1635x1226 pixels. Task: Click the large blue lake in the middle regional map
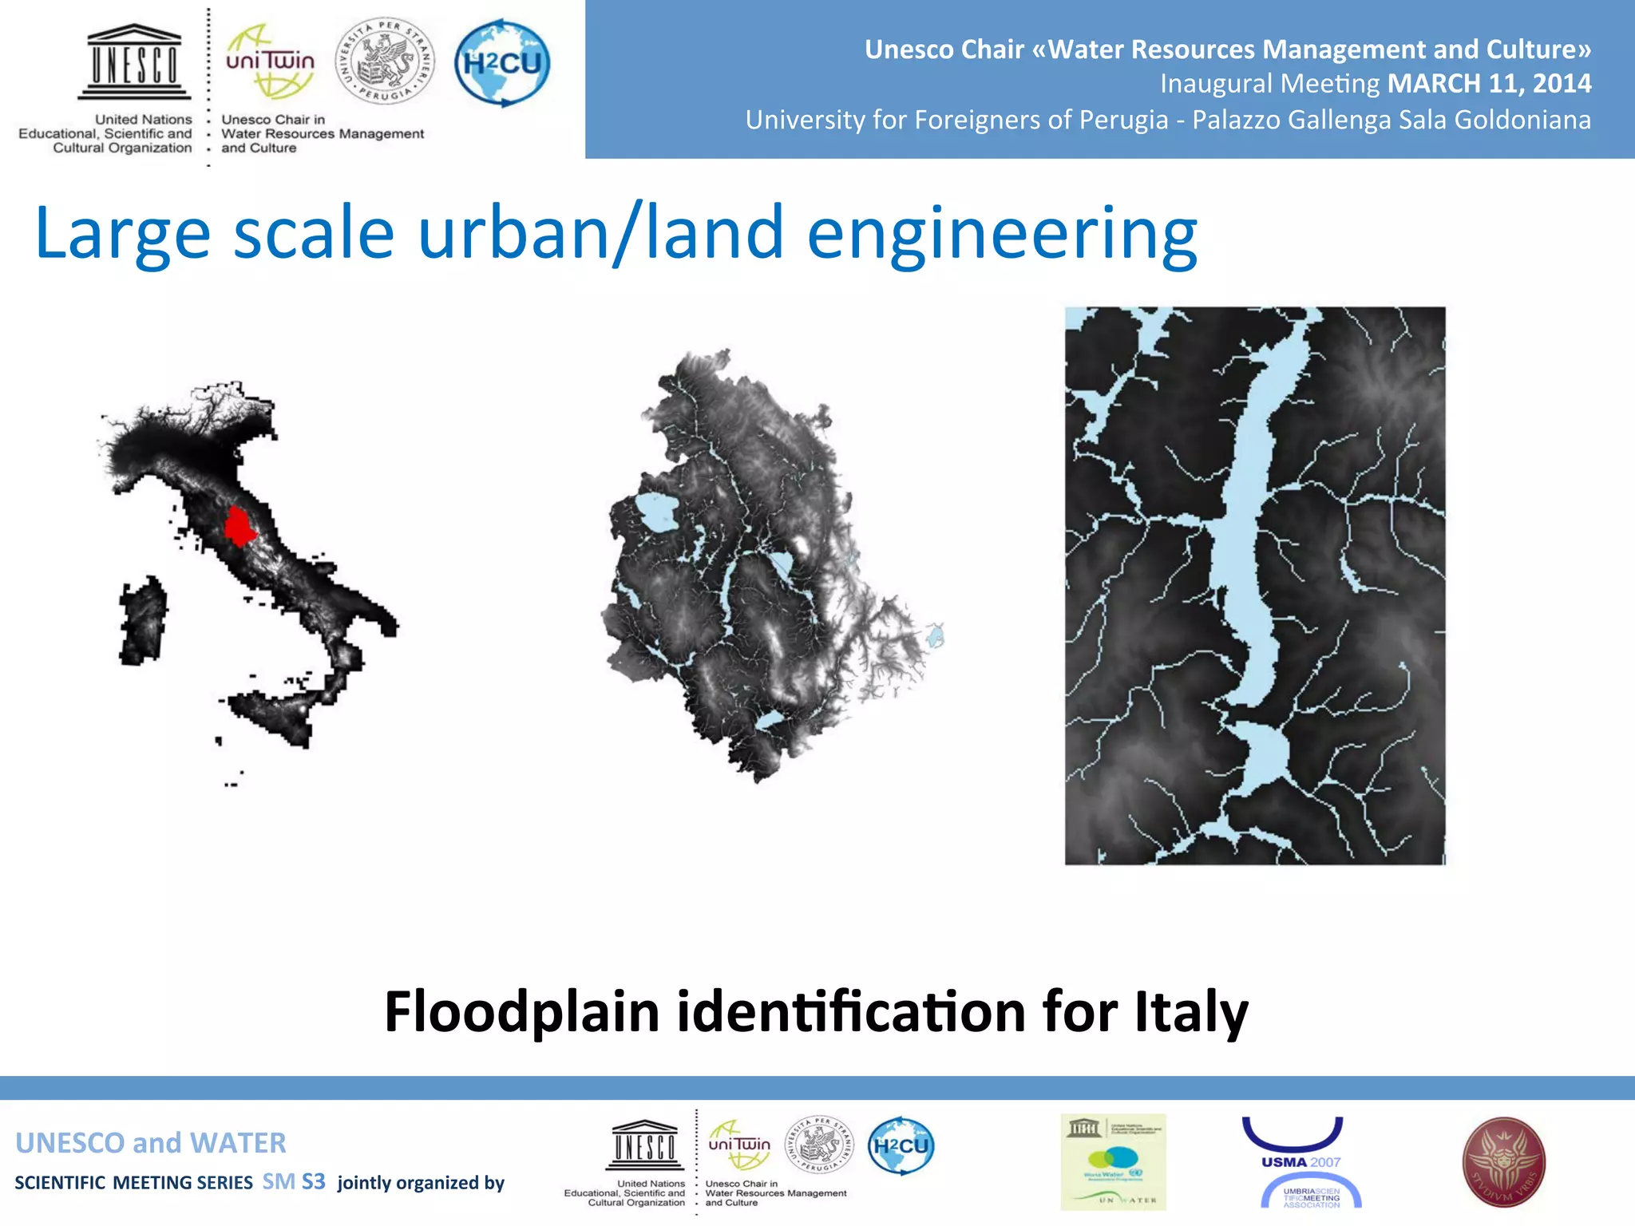(x=656, y=513)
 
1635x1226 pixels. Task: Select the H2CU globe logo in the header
(x=502, y=63)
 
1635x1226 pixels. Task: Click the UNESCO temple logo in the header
(x=134, y=61)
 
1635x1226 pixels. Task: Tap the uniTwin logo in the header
(x=270, y=62)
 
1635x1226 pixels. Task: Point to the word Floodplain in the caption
(x=521, y=1011)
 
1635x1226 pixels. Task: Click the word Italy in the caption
(x=1191, y=1011)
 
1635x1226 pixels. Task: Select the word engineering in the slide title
(x=1002, y=233)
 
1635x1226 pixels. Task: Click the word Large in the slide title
(x=123, y=233)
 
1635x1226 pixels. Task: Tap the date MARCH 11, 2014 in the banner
(x=1489, y=84)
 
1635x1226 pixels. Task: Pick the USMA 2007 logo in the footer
(x=1300, y=1162)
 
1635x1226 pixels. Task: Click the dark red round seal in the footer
(x=1503, y=1162)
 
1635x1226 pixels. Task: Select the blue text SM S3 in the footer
(x=294, y=1182)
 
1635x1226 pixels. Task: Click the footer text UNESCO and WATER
(x=151, y=1143)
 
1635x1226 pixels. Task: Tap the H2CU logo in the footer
(x=901, y=1146)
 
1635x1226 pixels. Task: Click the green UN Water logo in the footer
(x=1113, y=1162)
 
